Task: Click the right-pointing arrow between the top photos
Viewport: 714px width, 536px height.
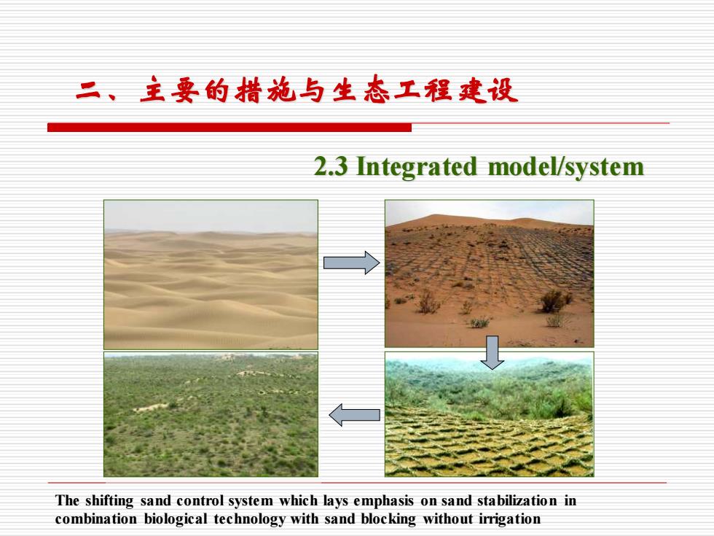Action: [x=351, y=263]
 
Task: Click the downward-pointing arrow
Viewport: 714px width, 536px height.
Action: [x=493, y=352]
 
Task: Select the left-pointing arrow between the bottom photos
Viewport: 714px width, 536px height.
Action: [x=354, y=415]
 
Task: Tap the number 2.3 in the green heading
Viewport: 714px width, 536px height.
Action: [x=331, y=166]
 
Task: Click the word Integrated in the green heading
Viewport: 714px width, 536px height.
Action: [x=416, y=167]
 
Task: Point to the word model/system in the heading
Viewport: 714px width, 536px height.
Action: [x=566, y=167]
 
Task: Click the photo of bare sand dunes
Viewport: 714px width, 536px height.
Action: [x=211, y=275]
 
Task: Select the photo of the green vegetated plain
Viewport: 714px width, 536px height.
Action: [x=211, y=414]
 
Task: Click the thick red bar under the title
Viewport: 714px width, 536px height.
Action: [x=229, y=128]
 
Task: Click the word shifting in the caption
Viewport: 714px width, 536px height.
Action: [x=109, y=501]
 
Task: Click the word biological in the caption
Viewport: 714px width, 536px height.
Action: [x=176, y=519]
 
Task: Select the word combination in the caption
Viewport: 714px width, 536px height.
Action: [x=95, y=519]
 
